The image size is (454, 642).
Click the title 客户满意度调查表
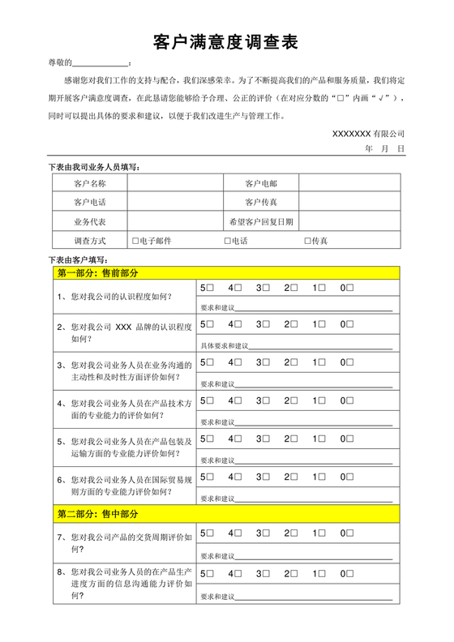pos(226,42)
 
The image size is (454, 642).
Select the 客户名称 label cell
pos(89,184)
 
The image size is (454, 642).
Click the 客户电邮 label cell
pos(261,184)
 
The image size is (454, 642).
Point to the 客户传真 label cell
pos(261,202)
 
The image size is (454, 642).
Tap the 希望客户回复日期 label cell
pos(261,220)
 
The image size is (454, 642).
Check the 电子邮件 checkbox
pos(135,241)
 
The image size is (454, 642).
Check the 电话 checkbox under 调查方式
pos(228,241)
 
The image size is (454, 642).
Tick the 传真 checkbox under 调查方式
pos(308,241)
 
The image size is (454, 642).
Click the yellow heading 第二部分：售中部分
pos(97,514)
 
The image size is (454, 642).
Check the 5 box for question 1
pos(212,288)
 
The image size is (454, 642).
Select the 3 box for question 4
pos(267,400)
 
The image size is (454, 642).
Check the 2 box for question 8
pos(294,573)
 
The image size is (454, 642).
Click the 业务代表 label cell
pos(89,220)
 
